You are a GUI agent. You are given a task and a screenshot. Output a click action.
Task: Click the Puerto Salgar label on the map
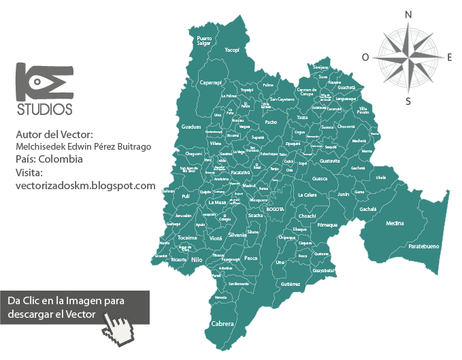[204, 41]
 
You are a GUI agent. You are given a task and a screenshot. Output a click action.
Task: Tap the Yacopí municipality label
[232, 50]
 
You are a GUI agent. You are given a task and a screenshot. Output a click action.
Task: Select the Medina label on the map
[395, 223]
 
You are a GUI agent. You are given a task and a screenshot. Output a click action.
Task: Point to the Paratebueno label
[423, 246]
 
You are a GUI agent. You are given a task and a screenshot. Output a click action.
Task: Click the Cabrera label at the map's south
[223, 324]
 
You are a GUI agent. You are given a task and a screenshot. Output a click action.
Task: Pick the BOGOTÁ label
[276, 210]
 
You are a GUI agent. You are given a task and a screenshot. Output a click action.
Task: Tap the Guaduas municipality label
[192, 126]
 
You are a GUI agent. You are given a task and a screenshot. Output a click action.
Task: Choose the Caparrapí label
[212, 82]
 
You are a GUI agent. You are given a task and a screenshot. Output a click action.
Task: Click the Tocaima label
[187, 238]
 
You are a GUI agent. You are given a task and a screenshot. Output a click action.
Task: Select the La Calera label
[308, 195]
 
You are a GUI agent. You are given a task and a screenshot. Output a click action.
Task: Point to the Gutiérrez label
[290, 283]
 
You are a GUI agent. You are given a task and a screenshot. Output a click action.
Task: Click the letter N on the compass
[408, 15]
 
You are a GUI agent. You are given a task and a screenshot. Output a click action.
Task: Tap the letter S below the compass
[408, 102]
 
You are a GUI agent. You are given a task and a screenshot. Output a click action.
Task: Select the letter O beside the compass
[365, 58]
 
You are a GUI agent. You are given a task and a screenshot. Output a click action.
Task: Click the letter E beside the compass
[450, 57]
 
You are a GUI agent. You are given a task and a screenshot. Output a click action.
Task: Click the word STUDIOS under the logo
[44, 109]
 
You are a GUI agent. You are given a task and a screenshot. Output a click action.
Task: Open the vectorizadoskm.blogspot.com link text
[85, 185]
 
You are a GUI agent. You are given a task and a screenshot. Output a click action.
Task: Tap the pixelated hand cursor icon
[120, 325]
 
